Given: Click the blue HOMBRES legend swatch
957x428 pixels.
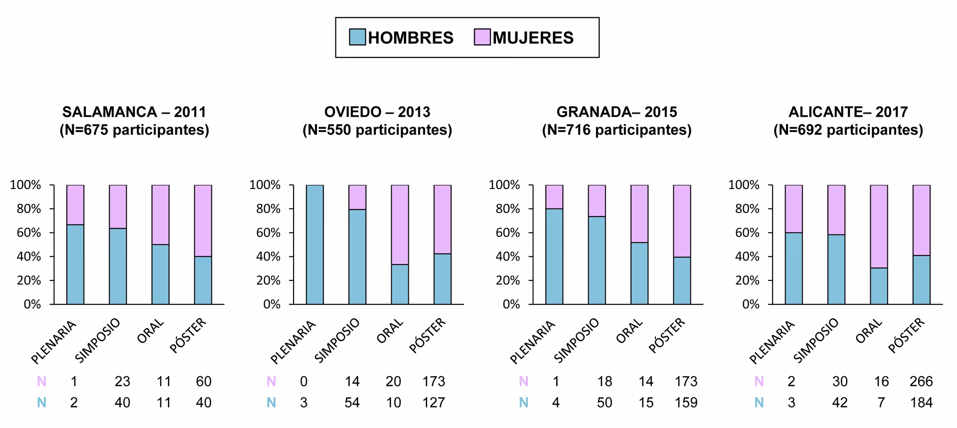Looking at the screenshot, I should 357,37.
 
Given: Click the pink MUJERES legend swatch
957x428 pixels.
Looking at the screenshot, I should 482,37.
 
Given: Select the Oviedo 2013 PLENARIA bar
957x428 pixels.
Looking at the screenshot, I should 315,244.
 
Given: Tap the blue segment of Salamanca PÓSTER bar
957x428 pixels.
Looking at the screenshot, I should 203,280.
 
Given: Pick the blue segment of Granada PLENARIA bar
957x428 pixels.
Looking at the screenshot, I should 554,256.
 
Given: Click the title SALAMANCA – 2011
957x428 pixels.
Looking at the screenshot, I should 134,112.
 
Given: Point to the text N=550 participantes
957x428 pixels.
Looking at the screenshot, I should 377,130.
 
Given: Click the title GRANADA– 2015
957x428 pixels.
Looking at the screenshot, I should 617,112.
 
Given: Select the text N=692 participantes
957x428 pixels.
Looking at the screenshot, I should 848,130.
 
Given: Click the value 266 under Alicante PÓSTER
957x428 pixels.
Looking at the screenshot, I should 921,382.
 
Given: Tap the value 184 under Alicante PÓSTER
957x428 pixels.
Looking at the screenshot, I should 921,403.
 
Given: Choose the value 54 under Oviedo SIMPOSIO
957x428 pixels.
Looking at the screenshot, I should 352,403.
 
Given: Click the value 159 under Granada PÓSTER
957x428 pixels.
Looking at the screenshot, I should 686,403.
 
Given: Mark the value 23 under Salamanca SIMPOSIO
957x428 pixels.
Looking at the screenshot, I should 122,382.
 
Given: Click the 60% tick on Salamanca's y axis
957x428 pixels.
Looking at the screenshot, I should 29,233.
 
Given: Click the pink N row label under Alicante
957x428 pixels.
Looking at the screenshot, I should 759,382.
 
